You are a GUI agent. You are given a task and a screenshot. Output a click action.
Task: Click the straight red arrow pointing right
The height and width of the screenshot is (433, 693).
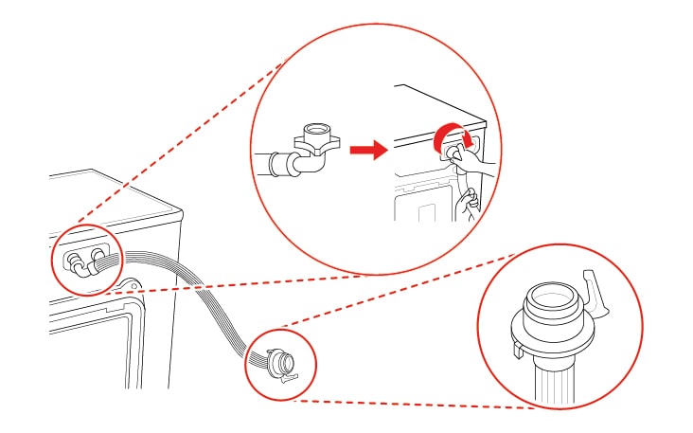pyautogui.click(x=365, y=150)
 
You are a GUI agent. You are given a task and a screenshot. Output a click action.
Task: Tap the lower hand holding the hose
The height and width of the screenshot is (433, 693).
pyautogui.click(x=467, y=203)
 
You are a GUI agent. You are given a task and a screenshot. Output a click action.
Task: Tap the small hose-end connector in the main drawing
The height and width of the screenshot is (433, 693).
pyautogui.click(x=280, y=361)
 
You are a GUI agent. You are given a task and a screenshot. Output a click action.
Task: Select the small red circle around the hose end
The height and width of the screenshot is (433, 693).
pyautogui.click(x=279, y=362)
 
